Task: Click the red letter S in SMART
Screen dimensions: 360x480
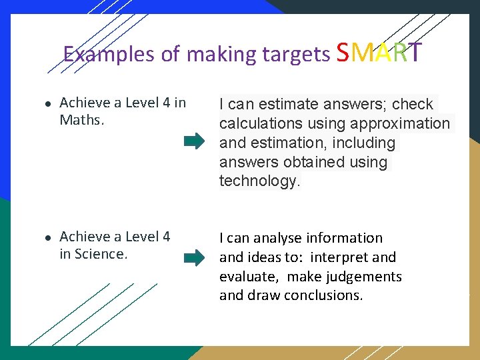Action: (x=344, y=52)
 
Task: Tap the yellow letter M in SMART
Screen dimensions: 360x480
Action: (x=365, y=52)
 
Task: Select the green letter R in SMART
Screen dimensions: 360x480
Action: (x=401, y=52)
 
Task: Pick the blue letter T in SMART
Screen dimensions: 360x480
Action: (x=415, y=52)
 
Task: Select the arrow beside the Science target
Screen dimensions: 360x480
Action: (x=195, y=257)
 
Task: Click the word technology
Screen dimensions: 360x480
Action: (x=259, y=181)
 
